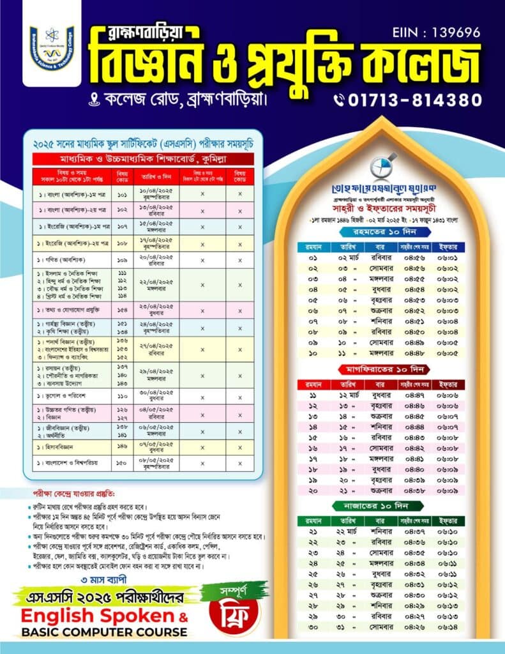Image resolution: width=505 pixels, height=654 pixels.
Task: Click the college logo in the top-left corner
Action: [x=52, y=48]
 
